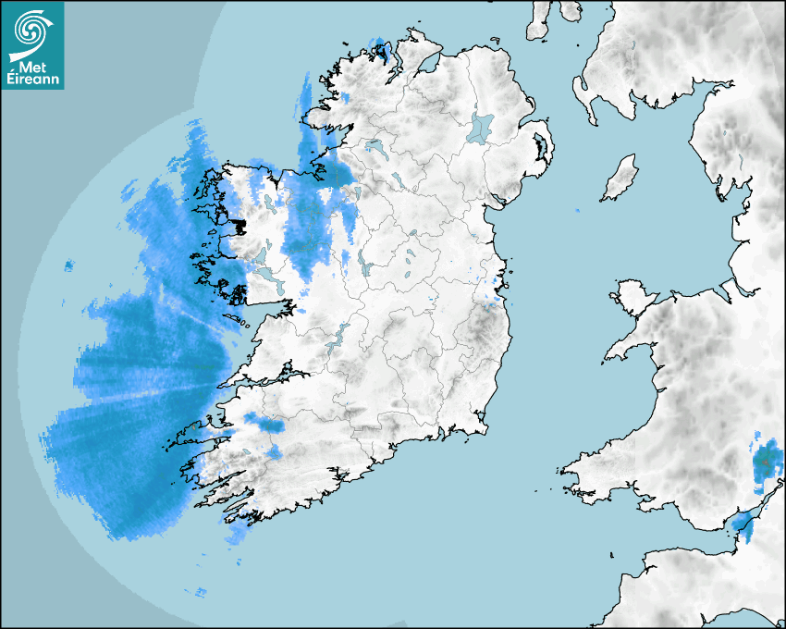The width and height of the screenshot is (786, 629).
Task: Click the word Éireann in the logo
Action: [35, 79]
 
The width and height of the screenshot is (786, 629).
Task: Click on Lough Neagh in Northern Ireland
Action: [482, 127]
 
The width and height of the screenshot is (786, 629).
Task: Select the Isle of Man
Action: [620, 179]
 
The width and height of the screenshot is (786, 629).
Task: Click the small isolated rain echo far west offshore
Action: [68, 266]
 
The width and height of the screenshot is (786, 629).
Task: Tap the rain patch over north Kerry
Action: [267, 425]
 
